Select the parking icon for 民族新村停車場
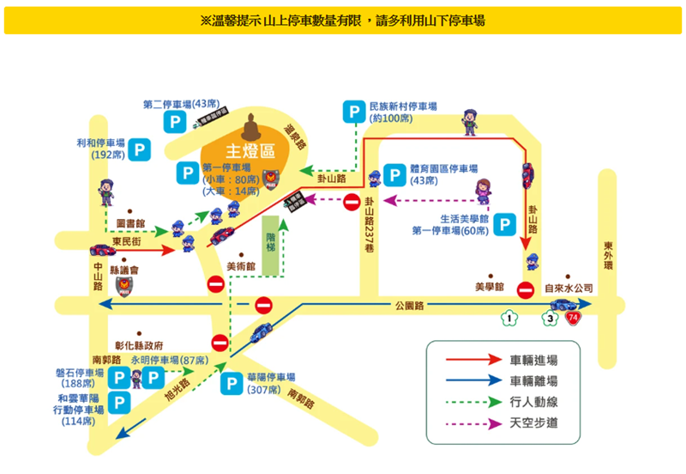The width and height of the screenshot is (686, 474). coord(352,111)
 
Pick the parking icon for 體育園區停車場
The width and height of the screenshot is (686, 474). coord(395,175)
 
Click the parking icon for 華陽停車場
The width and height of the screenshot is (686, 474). coord(231,383)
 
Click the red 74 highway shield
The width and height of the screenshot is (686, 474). coord(571,319)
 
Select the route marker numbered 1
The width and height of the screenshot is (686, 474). coord(509,319)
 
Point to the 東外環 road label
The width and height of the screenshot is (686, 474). coord(609,253)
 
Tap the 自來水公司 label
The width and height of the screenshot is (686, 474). coord(569,289)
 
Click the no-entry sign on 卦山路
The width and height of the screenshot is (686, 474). coord(352,203)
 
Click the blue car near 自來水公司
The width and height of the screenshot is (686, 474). coord(563,305)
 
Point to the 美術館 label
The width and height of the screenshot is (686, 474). coord(240,267)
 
